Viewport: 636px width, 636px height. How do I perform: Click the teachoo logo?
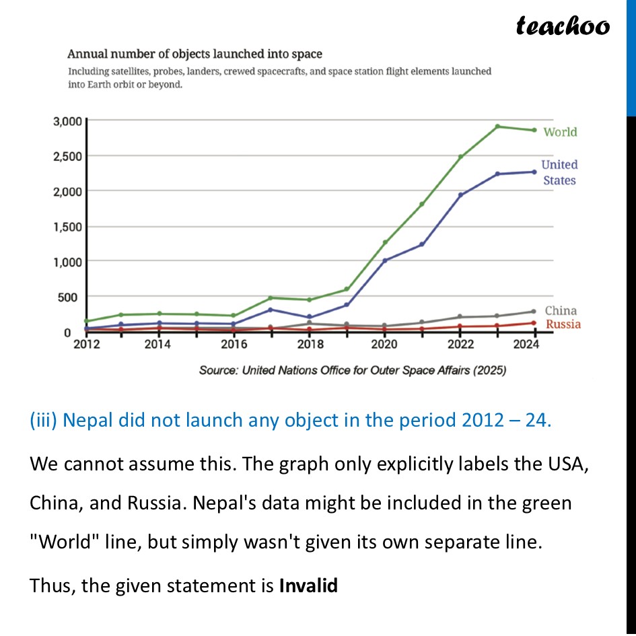point(563,26)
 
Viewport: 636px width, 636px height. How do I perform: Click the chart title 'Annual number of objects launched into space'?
point(194,54)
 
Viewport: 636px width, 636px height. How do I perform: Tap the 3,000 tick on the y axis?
point(67,121)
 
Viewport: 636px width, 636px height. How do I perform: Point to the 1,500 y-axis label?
point(67,226)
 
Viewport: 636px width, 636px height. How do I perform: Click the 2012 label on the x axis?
point(87,345)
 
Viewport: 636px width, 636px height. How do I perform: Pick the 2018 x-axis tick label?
point(310,345)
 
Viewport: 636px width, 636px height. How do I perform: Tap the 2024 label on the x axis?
point(526,345)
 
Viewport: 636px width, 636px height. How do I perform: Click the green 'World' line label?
point(560,132)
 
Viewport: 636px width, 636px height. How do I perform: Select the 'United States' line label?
point(559,172)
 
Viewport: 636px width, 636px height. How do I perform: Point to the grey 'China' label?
point(561,310)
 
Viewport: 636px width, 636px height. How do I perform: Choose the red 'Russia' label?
point(563,324)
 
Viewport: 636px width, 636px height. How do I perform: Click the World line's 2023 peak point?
point(497,127)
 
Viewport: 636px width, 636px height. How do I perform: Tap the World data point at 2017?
point(271,297)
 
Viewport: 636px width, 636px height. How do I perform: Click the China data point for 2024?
point(534,311)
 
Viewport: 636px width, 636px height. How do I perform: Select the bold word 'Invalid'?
point(308,586)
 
